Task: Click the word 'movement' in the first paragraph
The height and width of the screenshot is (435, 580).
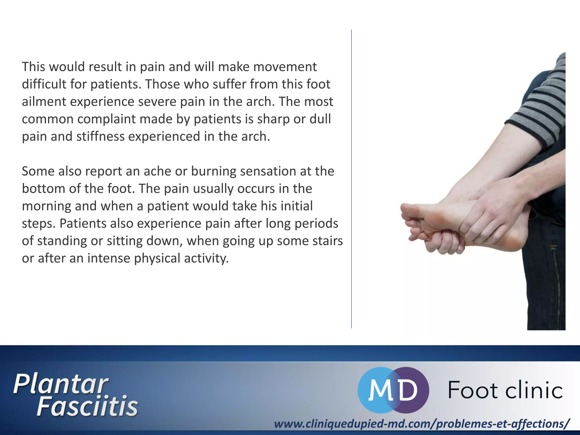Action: (285, 67)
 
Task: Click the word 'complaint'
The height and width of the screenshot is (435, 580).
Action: (106, 119)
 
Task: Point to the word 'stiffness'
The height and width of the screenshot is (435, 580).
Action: (100, 137)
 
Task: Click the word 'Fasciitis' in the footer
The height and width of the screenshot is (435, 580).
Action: (87, 406)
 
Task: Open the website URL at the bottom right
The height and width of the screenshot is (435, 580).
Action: (422, 424)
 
